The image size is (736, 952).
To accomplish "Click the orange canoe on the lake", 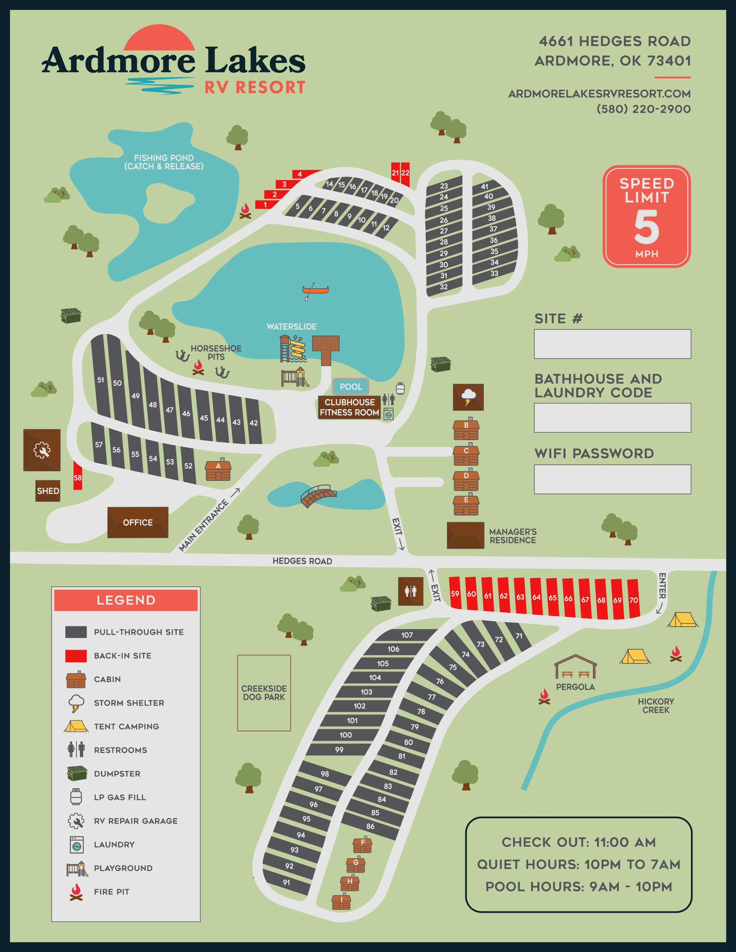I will pyautogui.click(x=315, y=290).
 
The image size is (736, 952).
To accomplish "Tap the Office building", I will pyautogui.click(x=137, y=522).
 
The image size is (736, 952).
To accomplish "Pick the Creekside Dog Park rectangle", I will pyautogui.click(x=264, y=693).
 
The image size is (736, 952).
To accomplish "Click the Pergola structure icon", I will pyautogui.click(x=575, y=667).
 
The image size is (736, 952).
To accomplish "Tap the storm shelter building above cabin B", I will pyautogui.click(x=468, y=397).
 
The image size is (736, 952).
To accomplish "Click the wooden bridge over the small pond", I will pyautogui.click(x=318, y=495).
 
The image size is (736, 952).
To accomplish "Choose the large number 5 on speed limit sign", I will pyautogui.click(x=646, y=227).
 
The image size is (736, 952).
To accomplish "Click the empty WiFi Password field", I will pyautogui.click(x=612, y=479).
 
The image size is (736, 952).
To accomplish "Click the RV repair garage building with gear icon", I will pyautogui.click(x=42, y=450).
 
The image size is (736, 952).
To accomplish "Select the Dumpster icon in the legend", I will pyautogui.click(x=77, y=773).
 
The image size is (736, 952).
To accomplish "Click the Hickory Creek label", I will pyautogui.click(x=655, y=705).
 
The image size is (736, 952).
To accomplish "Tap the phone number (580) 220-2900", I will pyautogui.click(x=643, y=109).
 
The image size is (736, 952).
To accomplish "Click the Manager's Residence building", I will pyautogui.click(x=465, y=535).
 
